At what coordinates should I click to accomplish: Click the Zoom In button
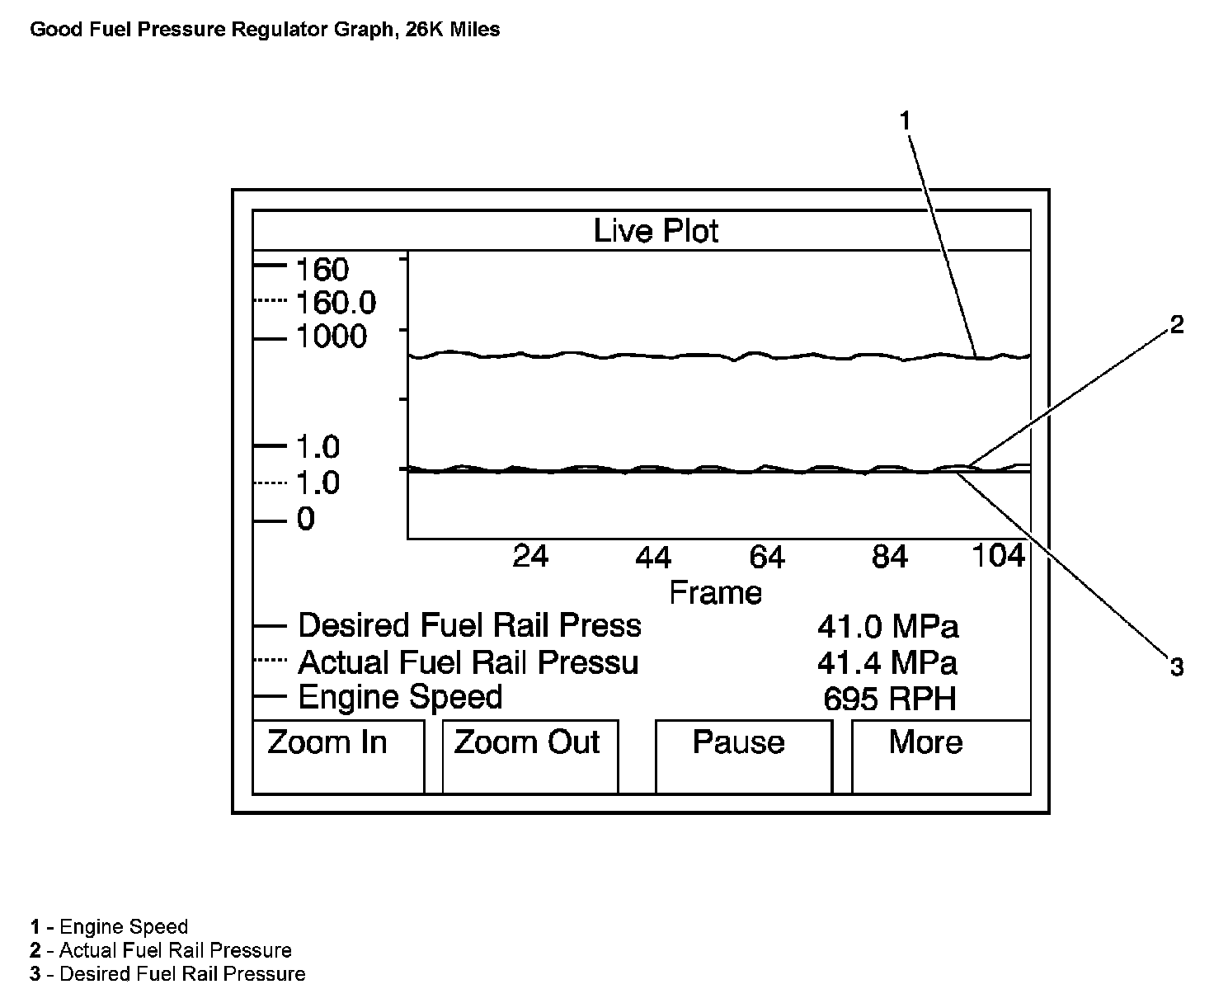coord(338,756)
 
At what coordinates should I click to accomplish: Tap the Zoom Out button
coord(529,756)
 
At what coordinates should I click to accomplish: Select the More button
coord(940,756)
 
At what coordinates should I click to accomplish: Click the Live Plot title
coord(656,231)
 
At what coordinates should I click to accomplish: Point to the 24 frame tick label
coord(530,557)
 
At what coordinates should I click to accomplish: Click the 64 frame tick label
coord(766,558)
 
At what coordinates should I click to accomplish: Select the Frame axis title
coord(715,592)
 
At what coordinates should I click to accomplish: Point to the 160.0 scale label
coord(336,304)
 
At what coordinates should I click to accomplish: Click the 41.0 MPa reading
coord(888,627)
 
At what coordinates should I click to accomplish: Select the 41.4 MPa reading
coord(888,663)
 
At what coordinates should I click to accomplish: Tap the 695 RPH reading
coord(890,699)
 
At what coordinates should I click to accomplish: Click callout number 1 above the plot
coord(906,121)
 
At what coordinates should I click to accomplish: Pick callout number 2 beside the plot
coord(1177,324)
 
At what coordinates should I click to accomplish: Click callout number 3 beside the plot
coord(1177,666)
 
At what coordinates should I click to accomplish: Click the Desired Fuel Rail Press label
coord(469,626)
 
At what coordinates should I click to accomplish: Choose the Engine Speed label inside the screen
coord(400,698)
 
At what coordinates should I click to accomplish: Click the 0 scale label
coord(306,520)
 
